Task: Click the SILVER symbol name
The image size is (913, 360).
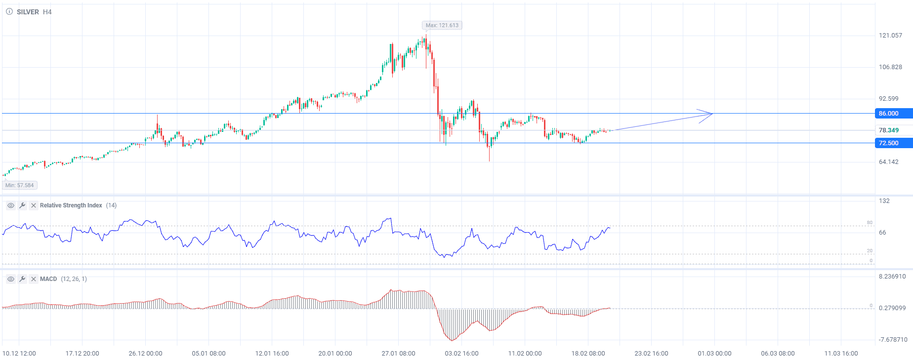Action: (x=28, y=12)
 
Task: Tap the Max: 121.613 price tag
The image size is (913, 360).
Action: (x=442, y=25)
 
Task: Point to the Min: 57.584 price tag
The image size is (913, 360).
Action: (x=20, y=185)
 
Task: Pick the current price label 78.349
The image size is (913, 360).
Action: (x=889, y=130)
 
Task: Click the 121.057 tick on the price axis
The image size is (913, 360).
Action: (x=890, y=36)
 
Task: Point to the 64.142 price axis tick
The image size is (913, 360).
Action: (x=888, y=162)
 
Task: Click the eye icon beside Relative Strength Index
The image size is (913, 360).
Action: (x=10, y=205)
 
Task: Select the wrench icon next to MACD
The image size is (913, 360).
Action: (x=22, y=279)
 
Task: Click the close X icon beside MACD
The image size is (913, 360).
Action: (x=34, y=279)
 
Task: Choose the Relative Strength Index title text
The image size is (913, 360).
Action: (x=71, y=205)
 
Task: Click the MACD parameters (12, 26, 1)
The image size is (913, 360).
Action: (x=74, y=279)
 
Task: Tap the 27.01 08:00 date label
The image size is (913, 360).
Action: (x=398, y=354)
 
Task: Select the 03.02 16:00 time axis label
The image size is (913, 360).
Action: (x=461, y=354)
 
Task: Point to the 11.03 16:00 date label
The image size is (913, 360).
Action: (x=841, y=354)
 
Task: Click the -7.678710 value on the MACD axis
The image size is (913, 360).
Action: (x=893, y=340)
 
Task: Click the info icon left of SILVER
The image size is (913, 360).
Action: (x=9, y=12)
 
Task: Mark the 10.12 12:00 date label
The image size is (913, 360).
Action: (x=19, y=354)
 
